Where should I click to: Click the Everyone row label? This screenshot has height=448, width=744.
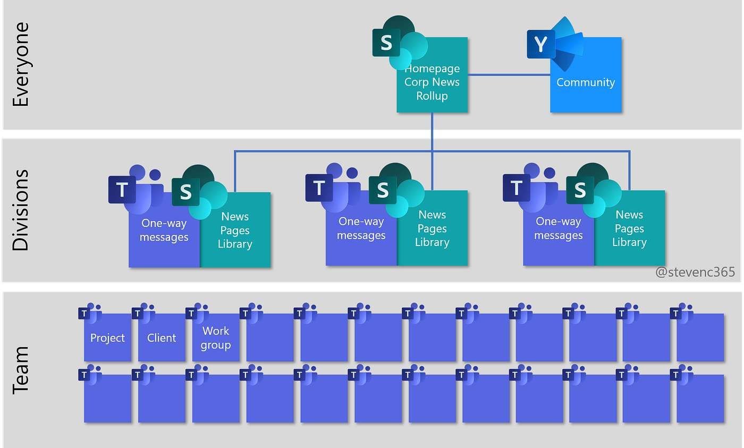tap(20, 64)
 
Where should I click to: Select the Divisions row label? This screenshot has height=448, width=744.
tap(20, 210)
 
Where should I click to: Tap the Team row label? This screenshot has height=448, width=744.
tap(20, 370)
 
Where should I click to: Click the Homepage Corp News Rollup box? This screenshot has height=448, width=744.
tap(432, 82)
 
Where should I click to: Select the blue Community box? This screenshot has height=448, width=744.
tap(586, 82)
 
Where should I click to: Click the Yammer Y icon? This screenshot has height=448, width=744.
tap(540, 45)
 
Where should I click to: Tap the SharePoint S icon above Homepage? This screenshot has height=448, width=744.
tap(386, 43)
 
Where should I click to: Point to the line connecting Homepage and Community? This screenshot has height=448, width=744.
tap(509, 75)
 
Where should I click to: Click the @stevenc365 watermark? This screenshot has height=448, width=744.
tap(695, 272)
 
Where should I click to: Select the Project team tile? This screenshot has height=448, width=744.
tap(108, 338)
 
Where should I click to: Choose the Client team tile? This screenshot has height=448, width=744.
tap(162, 338)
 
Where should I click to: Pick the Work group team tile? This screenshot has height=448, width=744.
tap(216, 338)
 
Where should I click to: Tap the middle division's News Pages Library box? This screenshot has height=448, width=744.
tap(432, 229)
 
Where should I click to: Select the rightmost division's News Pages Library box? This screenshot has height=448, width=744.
tap(629, 229)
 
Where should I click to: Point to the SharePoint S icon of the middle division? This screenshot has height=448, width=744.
tap(383, 190)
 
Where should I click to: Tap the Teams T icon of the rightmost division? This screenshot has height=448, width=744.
tap(517, 188)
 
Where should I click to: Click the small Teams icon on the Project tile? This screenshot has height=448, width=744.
tap(85, 314)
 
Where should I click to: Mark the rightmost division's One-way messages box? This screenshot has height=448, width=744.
tap(558, 229)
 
